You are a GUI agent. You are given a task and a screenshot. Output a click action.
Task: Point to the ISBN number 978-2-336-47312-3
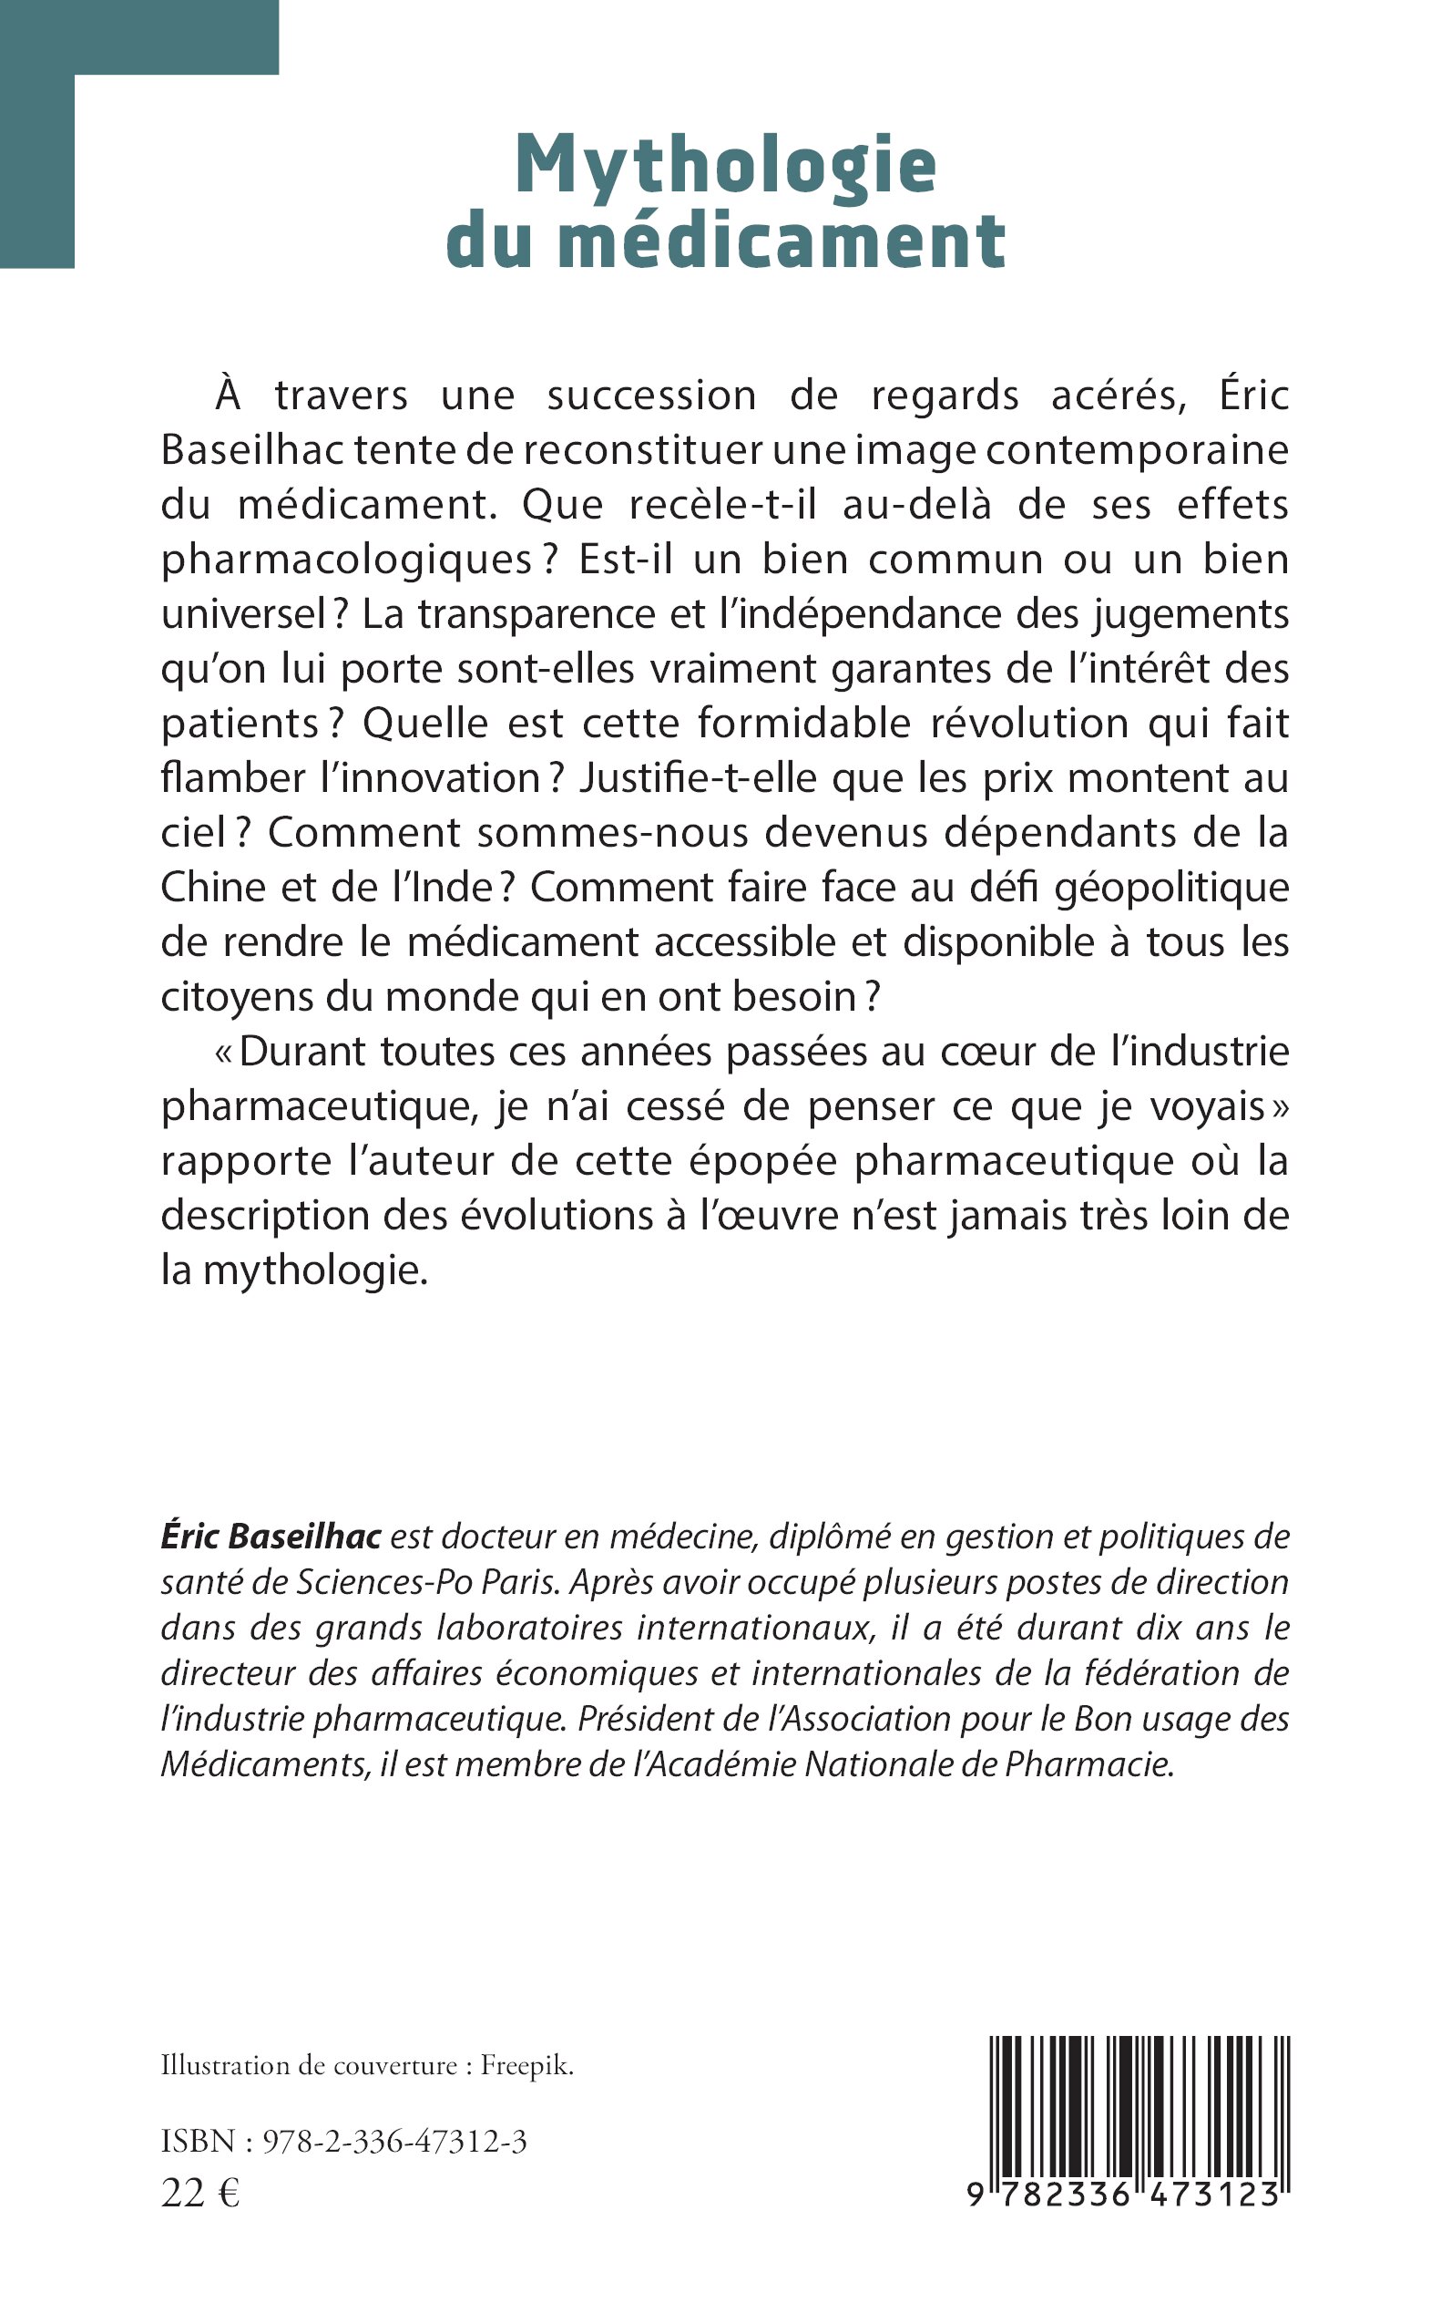(394, 2142)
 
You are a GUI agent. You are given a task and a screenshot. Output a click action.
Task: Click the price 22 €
(200, 2192)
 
